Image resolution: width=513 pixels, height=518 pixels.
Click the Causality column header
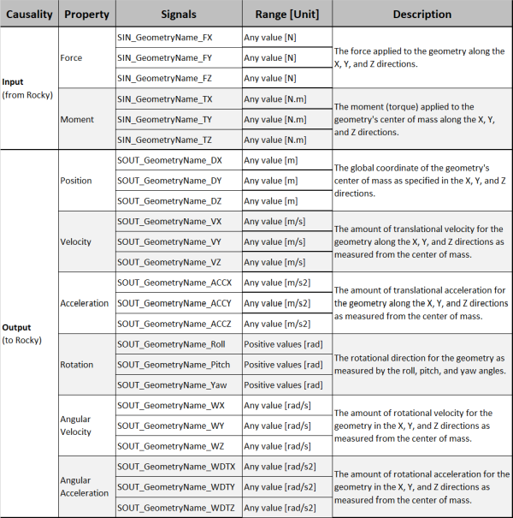coord(29,15)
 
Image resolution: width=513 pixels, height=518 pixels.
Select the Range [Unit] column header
coord(287,15)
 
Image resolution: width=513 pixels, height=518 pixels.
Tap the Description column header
coord(422,15)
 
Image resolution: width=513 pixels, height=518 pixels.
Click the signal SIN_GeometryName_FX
coord(165,38)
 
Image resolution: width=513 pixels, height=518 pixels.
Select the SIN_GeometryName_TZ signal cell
coord(165,140)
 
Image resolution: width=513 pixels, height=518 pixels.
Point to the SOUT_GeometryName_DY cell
coord(168,181)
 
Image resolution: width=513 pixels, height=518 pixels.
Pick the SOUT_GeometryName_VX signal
coord(168,221)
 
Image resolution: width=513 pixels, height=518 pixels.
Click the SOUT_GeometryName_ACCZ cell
coord(174,324)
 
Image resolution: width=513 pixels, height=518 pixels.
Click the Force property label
coord(72,58)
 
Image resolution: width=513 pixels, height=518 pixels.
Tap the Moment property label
coord(77,119)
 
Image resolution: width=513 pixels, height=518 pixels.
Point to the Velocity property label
coord(76,241)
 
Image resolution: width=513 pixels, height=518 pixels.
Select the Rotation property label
coord(77,364)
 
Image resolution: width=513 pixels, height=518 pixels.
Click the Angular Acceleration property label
coord(84,486)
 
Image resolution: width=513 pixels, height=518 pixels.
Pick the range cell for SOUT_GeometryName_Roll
coord(283,344)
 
